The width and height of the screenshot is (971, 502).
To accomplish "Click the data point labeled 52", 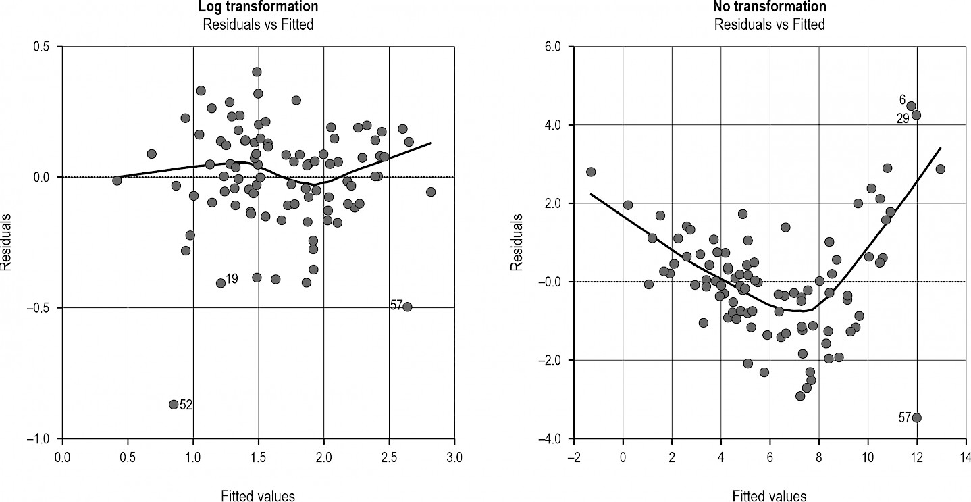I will pos(174,405).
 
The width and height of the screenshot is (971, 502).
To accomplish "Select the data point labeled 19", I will pos(221,283).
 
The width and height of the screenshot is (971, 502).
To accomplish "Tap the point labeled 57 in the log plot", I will pos(407,307).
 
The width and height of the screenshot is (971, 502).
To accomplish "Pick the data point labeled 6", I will pos(911,106).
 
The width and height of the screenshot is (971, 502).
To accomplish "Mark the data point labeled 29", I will pos(916,115).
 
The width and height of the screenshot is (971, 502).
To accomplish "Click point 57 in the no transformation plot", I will pos(916,418).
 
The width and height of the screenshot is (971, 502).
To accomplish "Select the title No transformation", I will pos(769,7).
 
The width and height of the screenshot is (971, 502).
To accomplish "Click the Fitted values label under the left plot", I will pos(258,496).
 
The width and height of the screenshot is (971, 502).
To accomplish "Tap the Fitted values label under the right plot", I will pos(769,496).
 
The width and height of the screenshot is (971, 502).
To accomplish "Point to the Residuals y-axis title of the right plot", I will pos(517,242).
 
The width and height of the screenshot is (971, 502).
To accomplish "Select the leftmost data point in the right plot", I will pos(591,172).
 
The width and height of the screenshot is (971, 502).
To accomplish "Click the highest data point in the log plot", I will pos(257,72).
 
